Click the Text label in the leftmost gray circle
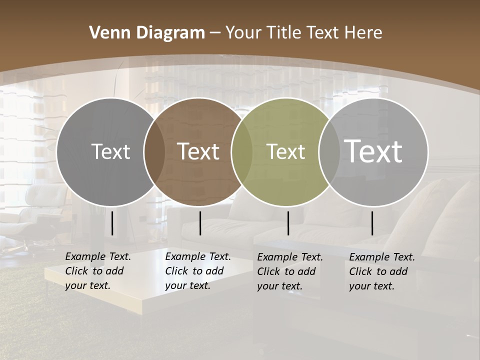click(x=110, y=151)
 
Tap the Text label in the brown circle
click(x=198, y=151)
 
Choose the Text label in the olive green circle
click(x=285, y=151)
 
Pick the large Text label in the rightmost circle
click(x=373, y=151)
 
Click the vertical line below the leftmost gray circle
click(x=112, y=223)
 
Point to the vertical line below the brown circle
click(x=200, y=223)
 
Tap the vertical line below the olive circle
click(x=288, y=223)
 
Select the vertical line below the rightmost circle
click(x=372, y=223)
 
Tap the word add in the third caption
click(x=307, y=271)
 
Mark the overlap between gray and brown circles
click(x=154, y=152)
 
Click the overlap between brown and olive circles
click(x=242, y=152)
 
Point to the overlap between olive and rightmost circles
click(x=329, y=152)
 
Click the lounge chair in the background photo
click(x=35, y=210)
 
